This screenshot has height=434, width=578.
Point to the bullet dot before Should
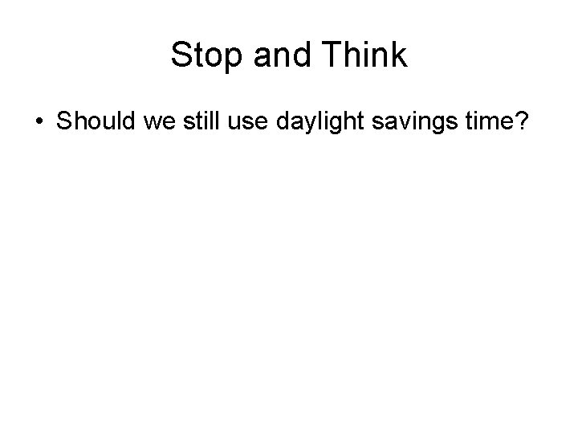40,123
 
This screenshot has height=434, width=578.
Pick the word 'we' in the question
156,122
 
